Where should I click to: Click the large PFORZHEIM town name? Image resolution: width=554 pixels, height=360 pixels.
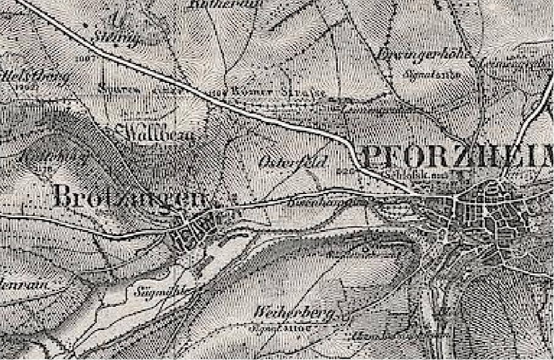point(458,158)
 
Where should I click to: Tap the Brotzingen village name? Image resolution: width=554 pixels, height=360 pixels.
point(131,196)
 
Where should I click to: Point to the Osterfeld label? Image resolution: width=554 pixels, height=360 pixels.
point(286,162)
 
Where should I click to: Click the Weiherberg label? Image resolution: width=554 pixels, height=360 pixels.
point(294,315)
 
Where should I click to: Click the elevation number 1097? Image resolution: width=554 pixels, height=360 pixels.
point(85,59)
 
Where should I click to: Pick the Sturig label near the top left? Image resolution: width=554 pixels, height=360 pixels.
point(117,38)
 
